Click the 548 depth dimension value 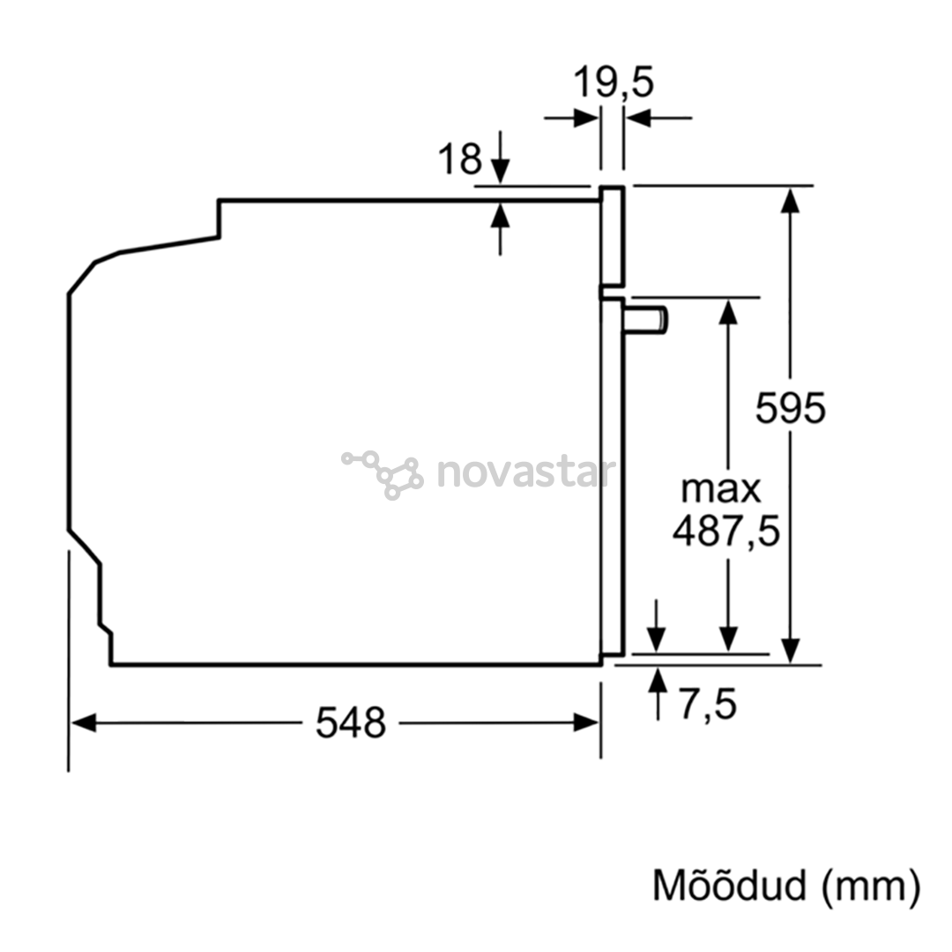(x=350, y=723)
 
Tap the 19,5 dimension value (x=614, y=82)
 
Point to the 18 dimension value (x=459, y=159)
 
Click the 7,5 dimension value (x=707, y=704)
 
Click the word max (x=721, y=489)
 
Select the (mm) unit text (x=871, y=887)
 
